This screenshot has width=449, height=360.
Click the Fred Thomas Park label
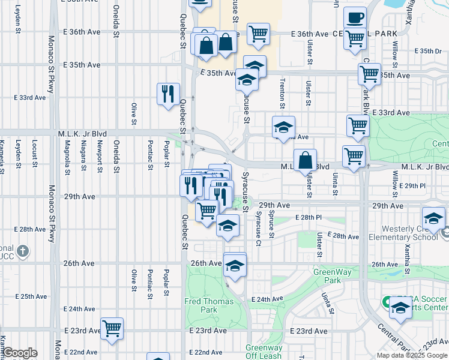click(x=200, y=304)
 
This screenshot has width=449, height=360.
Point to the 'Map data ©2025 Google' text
click(x=412, y=355)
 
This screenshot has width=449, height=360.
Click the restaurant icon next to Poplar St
click(x=167, y=94)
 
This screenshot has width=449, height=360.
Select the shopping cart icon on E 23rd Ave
click(x=112, y=329)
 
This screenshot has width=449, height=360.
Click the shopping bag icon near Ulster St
click(x=305, y=160)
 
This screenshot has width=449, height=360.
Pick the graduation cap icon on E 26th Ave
click(x=235, y=264)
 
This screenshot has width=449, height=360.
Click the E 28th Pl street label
click(x=308, y=217)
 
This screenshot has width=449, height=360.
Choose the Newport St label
click(x=99, y=156)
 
